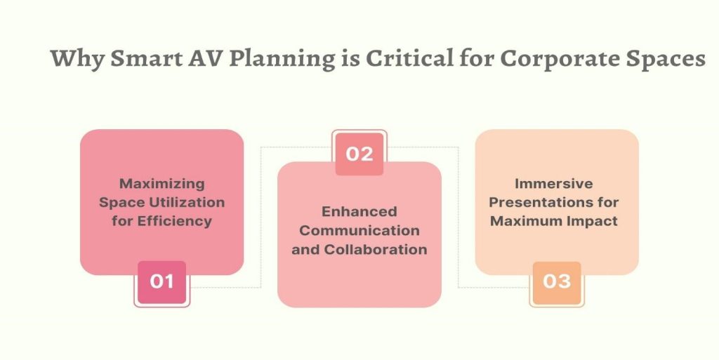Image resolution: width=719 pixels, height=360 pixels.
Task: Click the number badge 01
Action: pos(162,283)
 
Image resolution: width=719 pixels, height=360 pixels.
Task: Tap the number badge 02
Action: pos(359,154)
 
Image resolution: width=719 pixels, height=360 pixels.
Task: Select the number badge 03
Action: pos(557,283)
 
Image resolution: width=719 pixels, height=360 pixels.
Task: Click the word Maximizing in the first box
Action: pos(162,184)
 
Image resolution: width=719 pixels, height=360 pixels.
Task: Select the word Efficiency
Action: pos(174,222)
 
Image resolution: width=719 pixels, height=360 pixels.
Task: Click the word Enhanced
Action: pos(359,212)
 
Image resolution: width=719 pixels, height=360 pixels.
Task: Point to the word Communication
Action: pos(359,230)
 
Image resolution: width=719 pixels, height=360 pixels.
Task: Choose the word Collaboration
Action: pos(376,249)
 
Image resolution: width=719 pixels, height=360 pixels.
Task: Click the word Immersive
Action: pos(553,184)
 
